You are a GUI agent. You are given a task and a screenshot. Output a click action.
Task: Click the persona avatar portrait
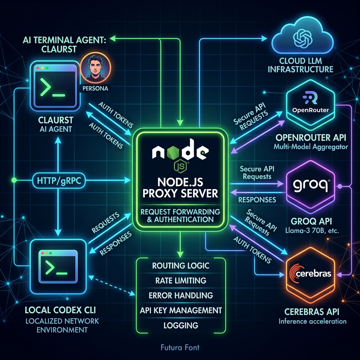point(96,67)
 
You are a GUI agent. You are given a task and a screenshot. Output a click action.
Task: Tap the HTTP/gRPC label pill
point(59,181)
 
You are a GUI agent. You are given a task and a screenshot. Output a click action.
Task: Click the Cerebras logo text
point(310,273)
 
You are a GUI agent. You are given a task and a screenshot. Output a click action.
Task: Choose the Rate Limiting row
point(181,281)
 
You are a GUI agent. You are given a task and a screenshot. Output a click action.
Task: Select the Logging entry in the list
point(181,325)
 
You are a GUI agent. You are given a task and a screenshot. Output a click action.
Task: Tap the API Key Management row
point(181,310)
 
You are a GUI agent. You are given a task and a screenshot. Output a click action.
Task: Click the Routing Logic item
point(181,266)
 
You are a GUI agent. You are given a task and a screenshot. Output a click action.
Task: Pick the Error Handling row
point(181,295)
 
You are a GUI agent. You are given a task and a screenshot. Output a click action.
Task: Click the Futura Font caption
point(180,347)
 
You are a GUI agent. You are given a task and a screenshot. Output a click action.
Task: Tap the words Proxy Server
point(180,193)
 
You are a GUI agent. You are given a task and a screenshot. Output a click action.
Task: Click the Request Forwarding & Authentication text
point(180,216)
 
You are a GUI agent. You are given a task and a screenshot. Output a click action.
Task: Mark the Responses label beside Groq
point(257,200)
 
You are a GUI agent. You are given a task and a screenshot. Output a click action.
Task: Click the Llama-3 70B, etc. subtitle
point(312,230)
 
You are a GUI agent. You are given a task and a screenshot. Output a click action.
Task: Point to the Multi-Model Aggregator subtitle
point(311,147)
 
